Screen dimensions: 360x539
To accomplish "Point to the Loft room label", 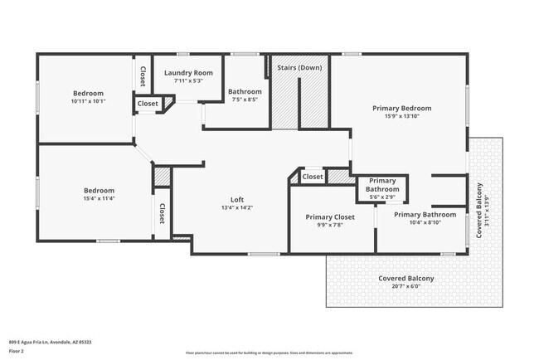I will pos(236,199).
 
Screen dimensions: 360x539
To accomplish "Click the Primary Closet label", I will pos(330,216).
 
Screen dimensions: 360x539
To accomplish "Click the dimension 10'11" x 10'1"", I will pos(87,101).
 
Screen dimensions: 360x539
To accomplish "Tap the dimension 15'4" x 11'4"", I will pos(87,198).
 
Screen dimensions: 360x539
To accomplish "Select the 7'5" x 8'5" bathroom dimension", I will pos(245,100).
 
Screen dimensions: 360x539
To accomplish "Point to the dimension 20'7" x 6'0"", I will pos(406,286).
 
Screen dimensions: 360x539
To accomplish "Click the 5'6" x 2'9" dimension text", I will pos(382,197).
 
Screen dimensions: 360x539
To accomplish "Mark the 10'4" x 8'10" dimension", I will pos(425,222).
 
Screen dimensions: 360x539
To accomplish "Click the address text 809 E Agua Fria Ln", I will pos(50,341).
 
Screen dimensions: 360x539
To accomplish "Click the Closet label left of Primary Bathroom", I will pos(313,177).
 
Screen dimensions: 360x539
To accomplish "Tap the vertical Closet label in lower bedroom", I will pos(162,214).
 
